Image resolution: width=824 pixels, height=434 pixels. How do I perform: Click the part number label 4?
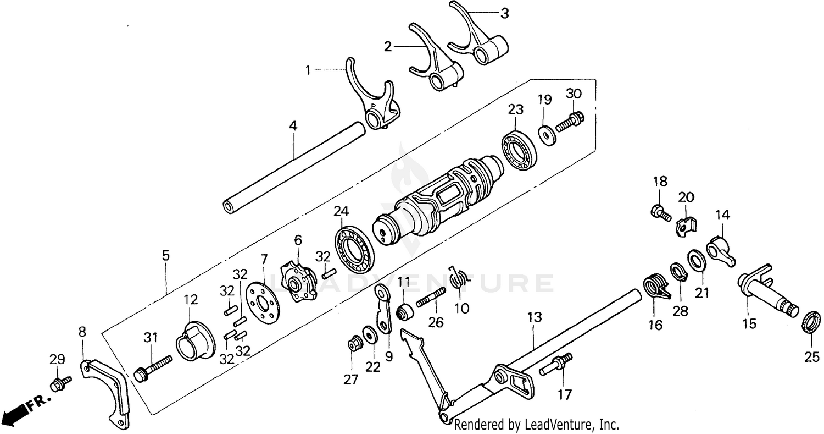coord(293,126)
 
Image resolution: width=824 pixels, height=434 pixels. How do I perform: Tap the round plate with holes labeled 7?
coord(261,303)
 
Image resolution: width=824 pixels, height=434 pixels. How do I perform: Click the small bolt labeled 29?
coord(60,381)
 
